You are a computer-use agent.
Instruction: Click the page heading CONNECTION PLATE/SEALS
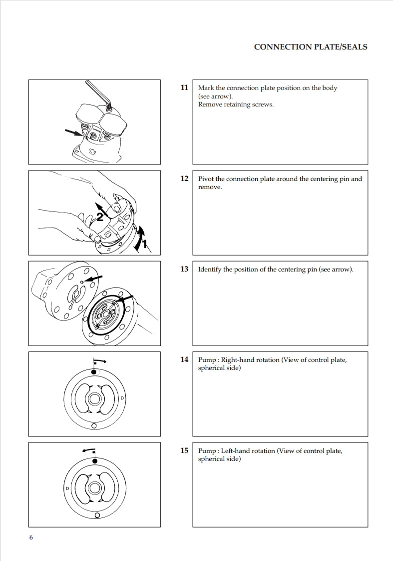click(x=311, y=47)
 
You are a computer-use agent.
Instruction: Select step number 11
click(x=184, y=88)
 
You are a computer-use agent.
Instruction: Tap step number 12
click(x=184, y=178)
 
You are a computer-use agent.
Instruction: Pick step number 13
click(x=184, y=269)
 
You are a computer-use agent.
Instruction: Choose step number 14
click(x=184, y=360)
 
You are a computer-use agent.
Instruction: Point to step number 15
click(x=184, y=451)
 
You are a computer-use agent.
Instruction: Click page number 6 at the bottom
click(x=31, y=538)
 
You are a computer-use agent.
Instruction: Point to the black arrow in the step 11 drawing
click(x=73, y=132)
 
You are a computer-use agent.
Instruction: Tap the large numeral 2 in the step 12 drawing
click(x=100, y=216)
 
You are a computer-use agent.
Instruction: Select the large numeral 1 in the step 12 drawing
click(x=144, y=244)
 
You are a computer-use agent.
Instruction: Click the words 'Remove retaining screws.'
click(x=236, y=104)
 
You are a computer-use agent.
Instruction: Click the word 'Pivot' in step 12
click(x=206, y=179)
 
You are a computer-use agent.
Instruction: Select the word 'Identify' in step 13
click(x=210, y=269)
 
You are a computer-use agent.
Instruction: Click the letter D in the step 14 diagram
click(x=122, y=398)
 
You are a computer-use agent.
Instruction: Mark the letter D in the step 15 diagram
click(x=67, y=487)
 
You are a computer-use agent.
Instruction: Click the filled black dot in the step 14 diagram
click(x=93, y=372)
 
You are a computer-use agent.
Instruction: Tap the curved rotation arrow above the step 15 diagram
click(x=88, y=450)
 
